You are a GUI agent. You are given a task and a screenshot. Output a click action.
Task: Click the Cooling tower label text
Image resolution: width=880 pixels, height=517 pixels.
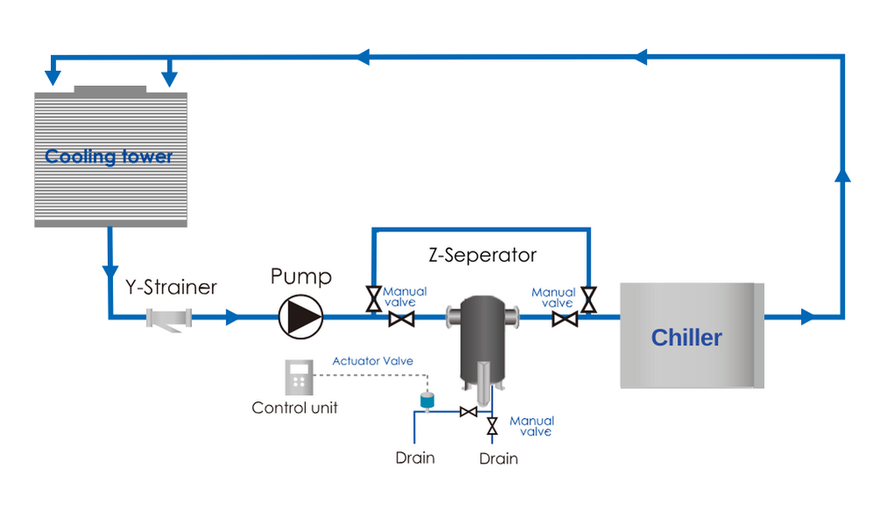[x=109, y=158]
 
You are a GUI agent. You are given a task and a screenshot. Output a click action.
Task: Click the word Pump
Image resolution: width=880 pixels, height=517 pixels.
[x=301, y=278]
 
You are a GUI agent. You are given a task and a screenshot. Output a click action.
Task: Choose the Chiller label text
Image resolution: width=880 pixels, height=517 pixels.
[x=686, y=338]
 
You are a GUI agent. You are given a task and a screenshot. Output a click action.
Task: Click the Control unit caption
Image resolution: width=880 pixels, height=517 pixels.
[x=295, y=407]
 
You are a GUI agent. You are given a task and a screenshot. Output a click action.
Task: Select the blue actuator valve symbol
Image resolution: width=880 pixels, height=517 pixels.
[x=428, y=400]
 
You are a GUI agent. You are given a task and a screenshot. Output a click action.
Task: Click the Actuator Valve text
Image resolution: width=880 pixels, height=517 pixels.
[x=373, y=361]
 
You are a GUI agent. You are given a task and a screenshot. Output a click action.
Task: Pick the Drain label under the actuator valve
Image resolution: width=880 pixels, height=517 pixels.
[x=415, y=457]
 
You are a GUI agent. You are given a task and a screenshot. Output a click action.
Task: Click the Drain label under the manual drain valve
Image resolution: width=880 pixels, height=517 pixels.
[x=499, y=458]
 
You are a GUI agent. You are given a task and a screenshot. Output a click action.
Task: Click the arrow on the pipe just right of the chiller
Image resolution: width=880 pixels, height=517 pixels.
[x=808, y=317]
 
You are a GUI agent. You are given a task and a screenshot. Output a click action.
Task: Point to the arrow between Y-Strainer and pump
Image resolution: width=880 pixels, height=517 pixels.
[x=231, y=317]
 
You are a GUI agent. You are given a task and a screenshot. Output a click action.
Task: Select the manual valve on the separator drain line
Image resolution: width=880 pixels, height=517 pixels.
[x=492, y=427]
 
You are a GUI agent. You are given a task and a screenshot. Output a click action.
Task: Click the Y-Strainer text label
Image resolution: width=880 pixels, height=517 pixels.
[x=170, y=287]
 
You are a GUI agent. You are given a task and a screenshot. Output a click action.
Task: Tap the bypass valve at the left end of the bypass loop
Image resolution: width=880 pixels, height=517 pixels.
[x=373, y=300]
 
